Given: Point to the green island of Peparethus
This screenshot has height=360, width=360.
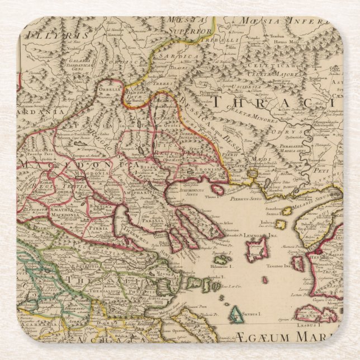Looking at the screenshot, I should click(221, 259).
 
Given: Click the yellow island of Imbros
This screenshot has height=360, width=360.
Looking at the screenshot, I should click(286, 211).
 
